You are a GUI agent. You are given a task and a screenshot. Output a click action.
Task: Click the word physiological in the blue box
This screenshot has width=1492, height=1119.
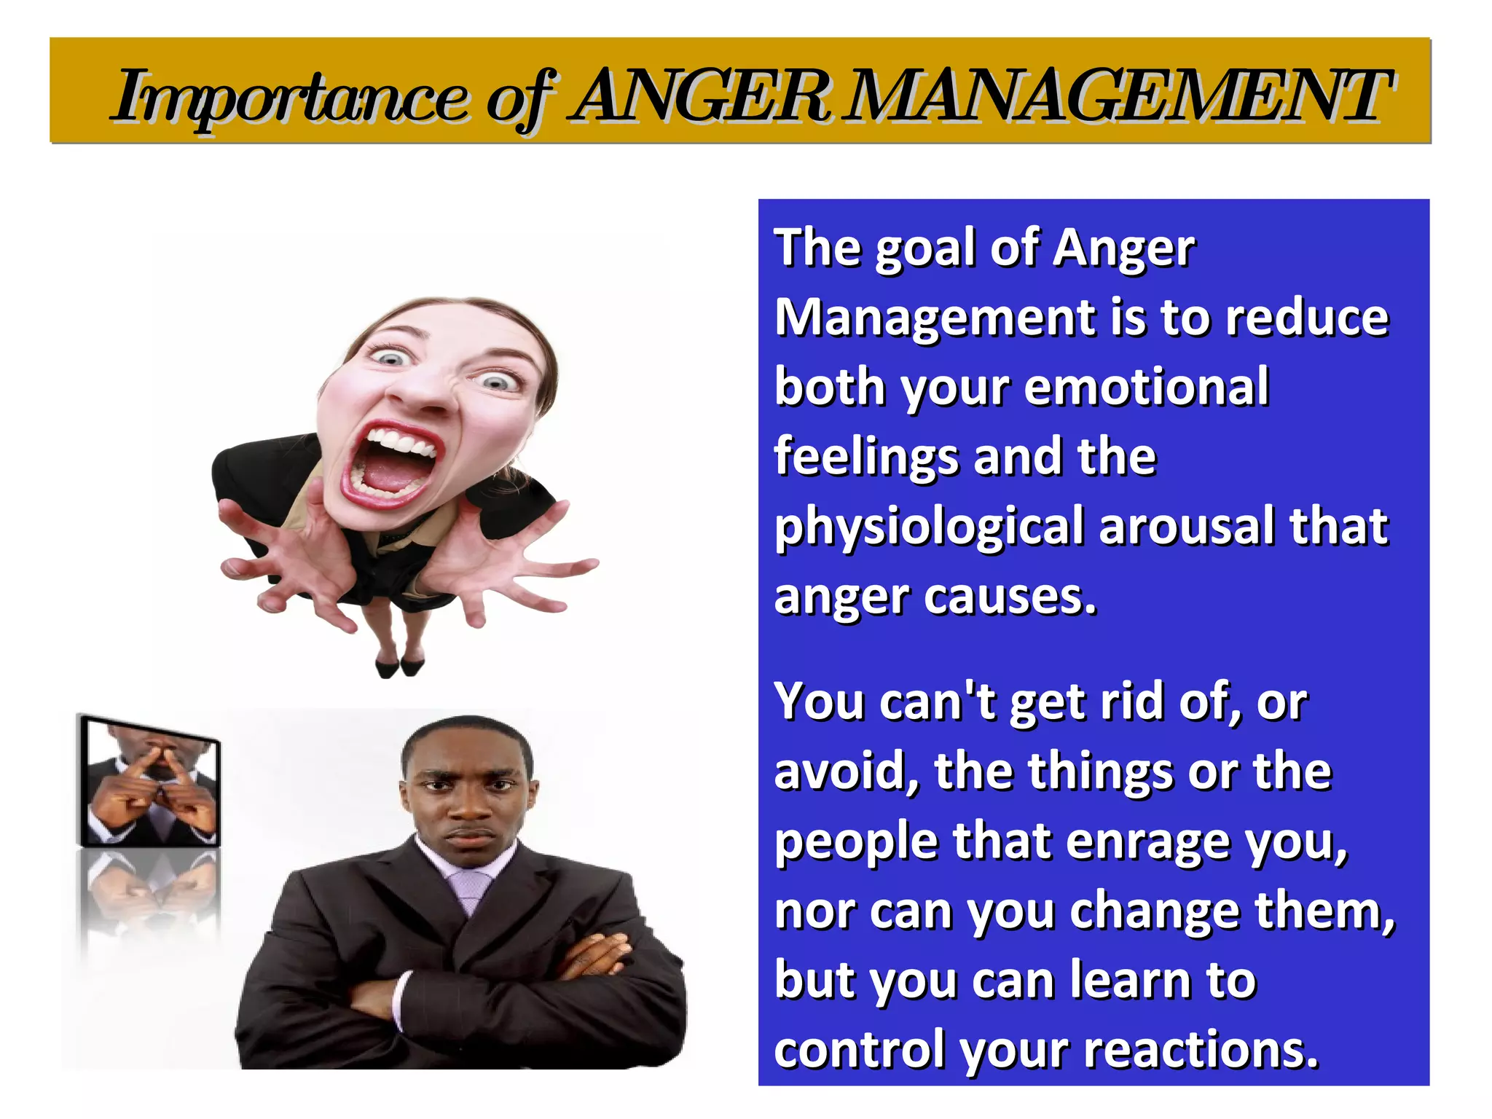[x=929, y=527]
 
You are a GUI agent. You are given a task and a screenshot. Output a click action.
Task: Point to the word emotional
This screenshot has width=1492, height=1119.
[x=1147, y=387]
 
